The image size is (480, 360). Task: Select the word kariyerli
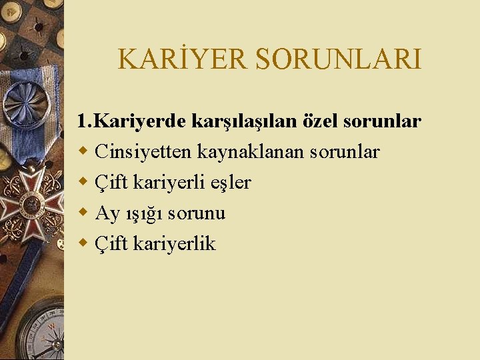169,183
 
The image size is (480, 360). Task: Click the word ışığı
144,214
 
